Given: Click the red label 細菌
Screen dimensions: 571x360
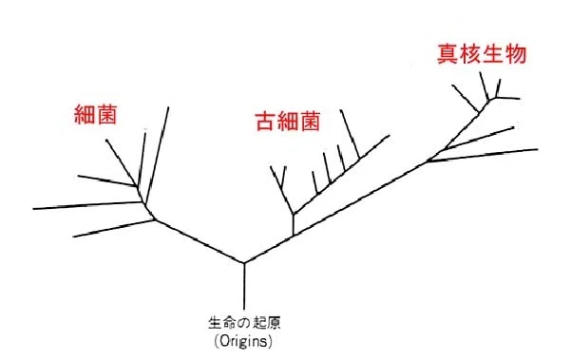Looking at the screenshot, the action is [x=95, y=114].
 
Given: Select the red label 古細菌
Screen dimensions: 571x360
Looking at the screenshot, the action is [x=288, y=122].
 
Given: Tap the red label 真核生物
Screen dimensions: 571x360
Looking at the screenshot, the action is [x=482, y=54].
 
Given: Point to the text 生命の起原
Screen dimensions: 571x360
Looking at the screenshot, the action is [x=244, y=323].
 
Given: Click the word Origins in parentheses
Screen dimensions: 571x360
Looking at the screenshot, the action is [x=243, y=341].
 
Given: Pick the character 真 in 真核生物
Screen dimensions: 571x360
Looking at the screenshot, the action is [x=447, y=54].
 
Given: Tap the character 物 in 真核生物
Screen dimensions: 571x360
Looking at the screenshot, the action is [x=516, y=54].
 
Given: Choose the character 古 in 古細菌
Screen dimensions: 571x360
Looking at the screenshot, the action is [x=265, y=122].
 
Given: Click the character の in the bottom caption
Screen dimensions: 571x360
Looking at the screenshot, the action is [x=244, y=323].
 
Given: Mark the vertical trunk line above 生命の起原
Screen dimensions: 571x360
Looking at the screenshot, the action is [x=244, y=286].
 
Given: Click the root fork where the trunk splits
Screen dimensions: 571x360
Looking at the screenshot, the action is [x=244, y=263].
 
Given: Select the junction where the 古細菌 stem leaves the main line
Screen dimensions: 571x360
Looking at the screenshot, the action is [x=294, y=236].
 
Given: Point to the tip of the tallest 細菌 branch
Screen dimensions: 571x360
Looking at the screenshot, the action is [x=168, y=107].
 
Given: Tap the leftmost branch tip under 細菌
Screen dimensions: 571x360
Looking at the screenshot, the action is [x=33, y=209].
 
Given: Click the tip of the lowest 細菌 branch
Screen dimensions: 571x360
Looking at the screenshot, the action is [x=73, y=237].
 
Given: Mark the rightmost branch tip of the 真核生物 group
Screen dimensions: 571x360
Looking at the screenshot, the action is [x=538, y=149].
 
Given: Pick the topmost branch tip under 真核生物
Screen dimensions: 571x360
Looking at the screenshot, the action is [x=481, y=72].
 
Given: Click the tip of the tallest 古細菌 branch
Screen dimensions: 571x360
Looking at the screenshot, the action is [x=341, y=110].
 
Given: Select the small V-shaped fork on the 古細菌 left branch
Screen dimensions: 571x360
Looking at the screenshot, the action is [x=281, y=182].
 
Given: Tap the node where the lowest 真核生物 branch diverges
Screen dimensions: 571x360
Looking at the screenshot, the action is [x=428, y=161].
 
